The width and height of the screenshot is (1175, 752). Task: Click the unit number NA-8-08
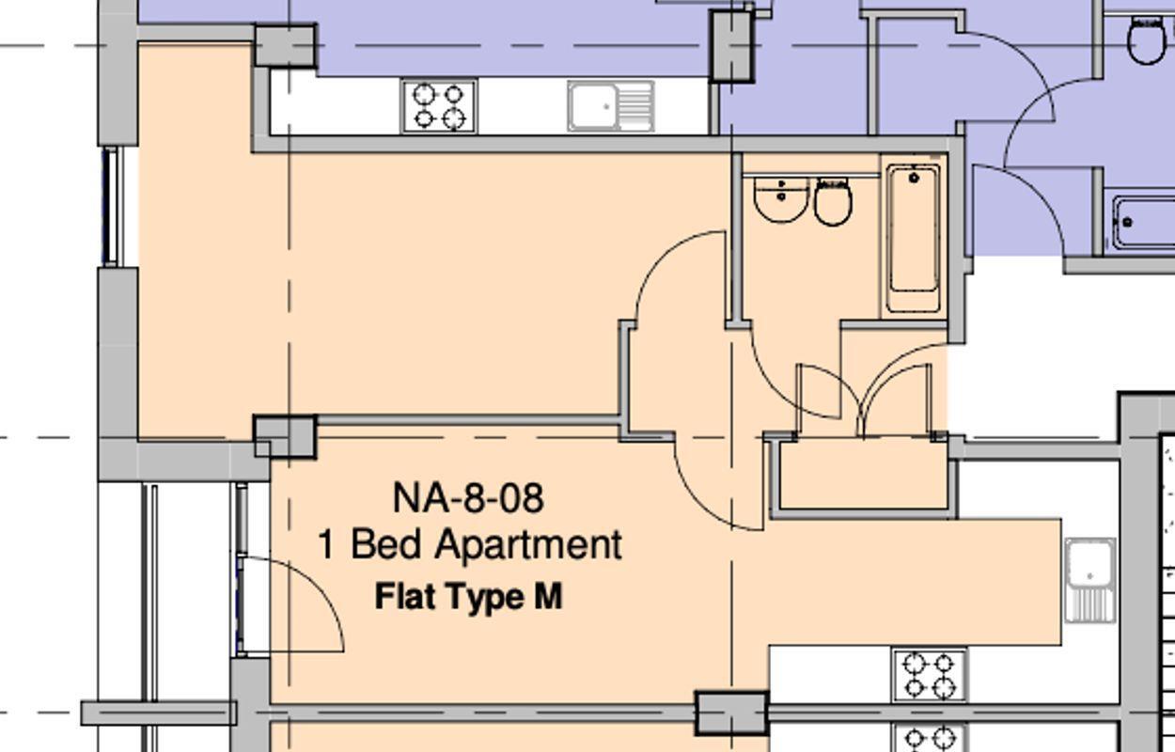[468, 497]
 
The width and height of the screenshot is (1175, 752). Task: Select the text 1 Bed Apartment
[470, 545]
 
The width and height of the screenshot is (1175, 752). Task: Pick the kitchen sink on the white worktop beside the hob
[610, 105]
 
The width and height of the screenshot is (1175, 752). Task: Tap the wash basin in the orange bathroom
[781, 199]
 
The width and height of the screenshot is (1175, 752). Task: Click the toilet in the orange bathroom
[833, 201]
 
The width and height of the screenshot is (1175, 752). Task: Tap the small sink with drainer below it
[1089, 580]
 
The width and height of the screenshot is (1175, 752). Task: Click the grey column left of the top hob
[285, 45]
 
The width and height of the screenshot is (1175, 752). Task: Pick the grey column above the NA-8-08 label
[286, 437]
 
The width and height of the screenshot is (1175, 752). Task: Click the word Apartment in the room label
[529, 545]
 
